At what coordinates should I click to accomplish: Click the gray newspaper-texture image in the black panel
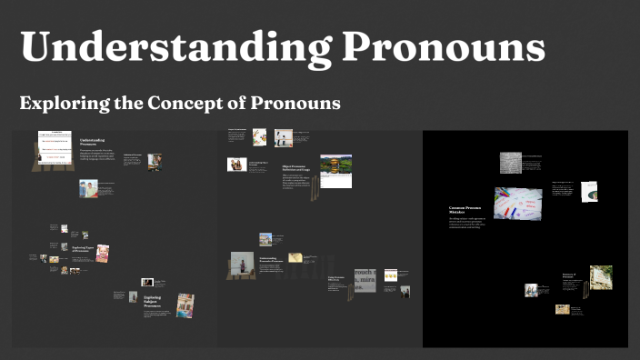pyautogui.click(x=510, y=163)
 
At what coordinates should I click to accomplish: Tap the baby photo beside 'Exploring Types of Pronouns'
pyautogui.click(x=102, y=253)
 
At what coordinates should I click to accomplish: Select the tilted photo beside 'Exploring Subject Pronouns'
pyautogui.click(x=185, y=305)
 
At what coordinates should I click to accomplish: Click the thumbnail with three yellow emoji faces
pyautogui.click(x=391, y=274)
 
